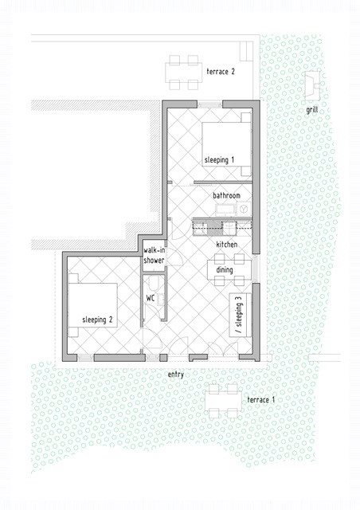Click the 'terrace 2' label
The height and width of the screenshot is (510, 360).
point(221,71)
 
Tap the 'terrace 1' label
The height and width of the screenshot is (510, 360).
point(260,399)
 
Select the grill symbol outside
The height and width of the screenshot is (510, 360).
point(312,84)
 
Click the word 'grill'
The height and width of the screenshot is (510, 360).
point(312,110)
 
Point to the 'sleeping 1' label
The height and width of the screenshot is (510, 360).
point(219,159)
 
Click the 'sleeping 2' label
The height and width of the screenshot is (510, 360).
point(97,320)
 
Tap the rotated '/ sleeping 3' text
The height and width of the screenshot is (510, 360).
point(240,315)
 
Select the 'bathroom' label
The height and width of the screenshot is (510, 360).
point(226,195)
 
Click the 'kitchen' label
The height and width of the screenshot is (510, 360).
point(227,245)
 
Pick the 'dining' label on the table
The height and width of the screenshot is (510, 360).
point(225,269)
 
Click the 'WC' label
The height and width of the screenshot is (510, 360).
point(150,298)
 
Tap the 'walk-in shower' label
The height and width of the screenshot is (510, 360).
point(155,256)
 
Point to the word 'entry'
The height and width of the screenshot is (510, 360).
point(175,375)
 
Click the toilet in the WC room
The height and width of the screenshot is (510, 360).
point(154,284)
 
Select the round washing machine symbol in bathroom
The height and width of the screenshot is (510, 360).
point(245,209)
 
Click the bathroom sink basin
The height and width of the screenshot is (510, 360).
point(225,210)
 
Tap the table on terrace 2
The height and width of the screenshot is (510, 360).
point(184,73)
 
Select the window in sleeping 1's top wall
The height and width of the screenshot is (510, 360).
point(209,104)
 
